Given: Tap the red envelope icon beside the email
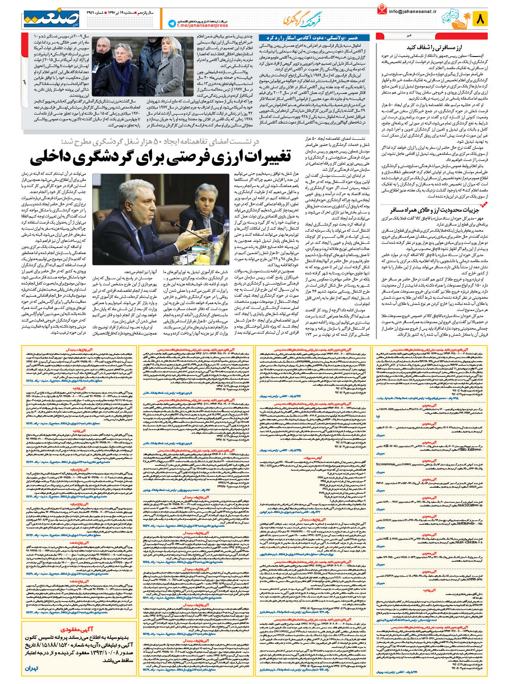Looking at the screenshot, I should click(381, 9).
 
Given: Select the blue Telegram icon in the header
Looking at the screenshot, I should click(171, 24).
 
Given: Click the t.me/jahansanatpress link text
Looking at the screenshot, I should click(202, 25).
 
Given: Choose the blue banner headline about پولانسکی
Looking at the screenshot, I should click(312, 38).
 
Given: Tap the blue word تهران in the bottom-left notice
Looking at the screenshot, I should click(31, 668).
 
